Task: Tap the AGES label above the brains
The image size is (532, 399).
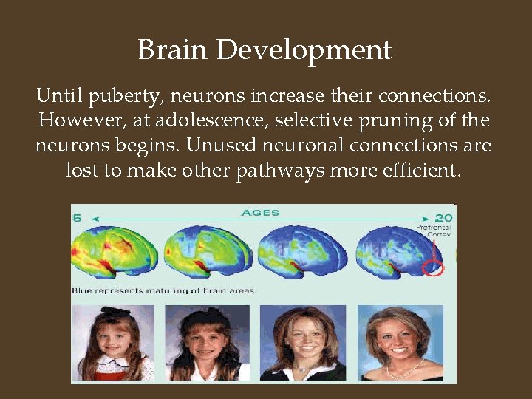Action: coord(260,214)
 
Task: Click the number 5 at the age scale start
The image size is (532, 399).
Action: coord(75,217)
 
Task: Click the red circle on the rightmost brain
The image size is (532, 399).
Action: coord(434,266)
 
